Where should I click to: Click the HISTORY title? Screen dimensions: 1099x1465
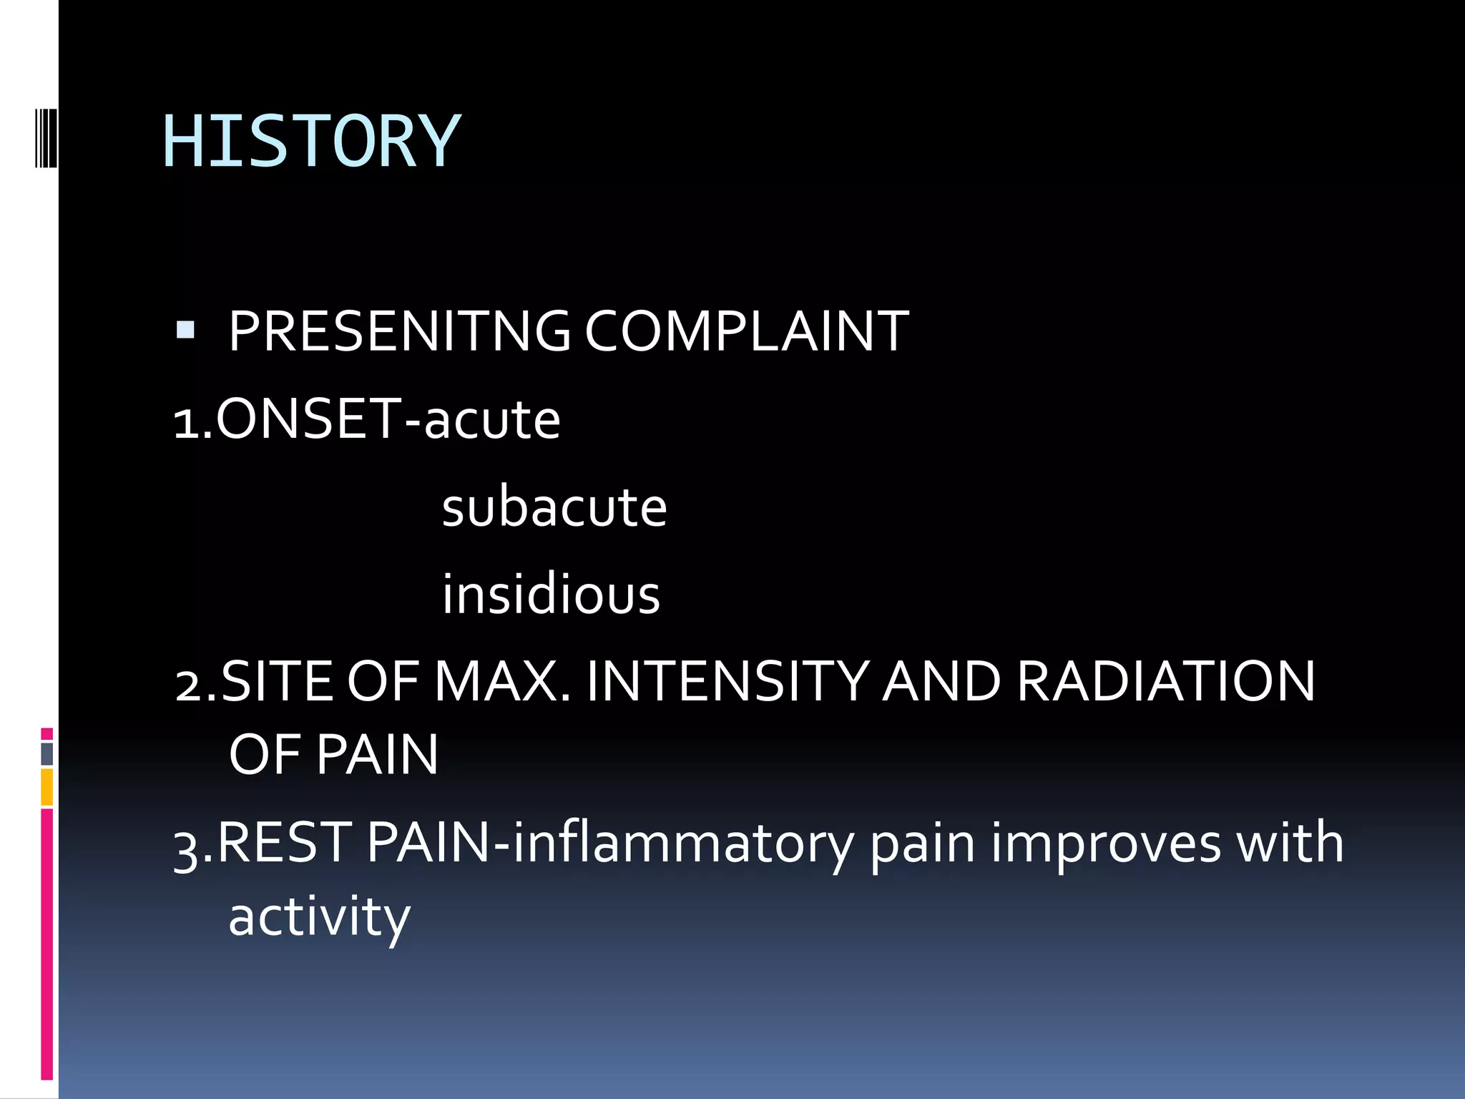click(x=311, y=142)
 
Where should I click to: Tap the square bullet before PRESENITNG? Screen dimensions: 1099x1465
click(x=185, y=330)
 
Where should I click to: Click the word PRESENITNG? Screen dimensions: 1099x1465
click(x=398, y=331)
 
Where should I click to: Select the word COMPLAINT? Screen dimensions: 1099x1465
click(x=746, y=331)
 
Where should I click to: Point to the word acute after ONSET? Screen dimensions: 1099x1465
click(x=492, y=420)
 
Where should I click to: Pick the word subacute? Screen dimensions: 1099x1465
click(x=554, y=507)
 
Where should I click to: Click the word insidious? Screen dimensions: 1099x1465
click(x=551, y=595)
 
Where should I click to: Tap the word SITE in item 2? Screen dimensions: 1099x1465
click(x=278, y=681)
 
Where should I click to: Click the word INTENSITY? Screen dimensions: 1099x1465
click(x=727, y=681)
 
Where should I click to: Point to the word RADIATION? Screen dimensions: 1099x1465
click(x=1165, y=681)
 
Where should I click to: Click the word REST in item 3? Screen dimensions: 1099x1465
click(x=283, y=843)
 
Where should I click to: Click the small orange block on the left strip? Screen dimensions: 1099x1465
click(x=46, y=787)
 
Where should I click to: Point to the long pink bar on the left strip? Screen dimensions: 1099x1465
click(x=46, y=944)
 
